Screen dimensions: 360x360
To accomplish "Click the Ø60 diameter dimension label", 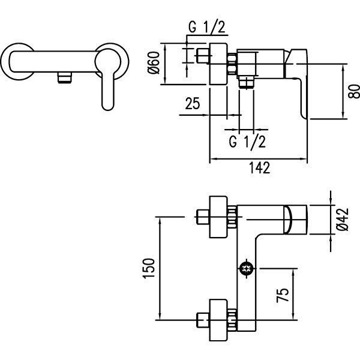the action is click(154, 62).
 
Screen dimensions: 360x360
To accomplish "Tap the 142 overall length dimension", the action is click(259, 167).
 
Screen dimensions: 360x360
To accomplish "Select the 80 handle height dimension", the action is click(354, 91).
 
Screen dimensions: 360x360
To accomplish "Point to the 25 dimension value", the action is click(193, 103).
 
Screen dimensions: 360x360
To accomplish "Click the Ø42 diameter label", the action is click(343, 219).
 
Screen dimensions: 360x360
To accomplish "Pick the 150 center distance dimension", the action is click(149, 268).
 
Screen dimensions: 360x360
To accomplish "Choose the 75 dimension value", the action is click(283, 295).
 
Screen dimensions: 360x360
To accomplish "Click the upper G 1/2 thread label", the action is click(206, 27).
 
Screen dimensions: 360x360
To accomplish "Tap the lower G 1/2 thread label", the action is click(247, 142).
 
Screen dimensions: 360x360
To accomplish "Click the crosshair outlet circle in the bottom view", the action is click(247, 268).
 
